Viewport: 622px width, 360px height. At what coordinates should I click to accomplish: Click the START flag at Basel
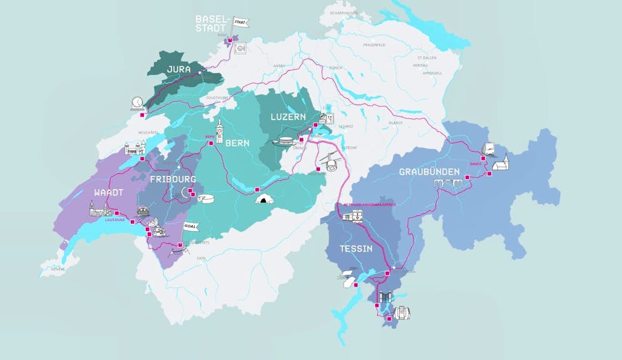[x=240, y=23]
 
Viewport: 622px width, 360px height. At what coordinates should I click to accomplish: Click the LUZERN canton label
[x=288, y=117]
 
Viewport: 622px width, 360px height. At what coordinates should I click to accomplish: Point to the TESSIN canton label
[x=356, y=249]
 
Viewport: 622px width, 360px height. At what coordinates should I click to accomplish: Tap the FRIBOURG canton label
[x=173, y=179]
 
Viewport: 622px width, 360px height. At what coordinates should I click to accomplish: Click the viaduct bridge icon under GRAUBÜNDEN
[x=449, y=183]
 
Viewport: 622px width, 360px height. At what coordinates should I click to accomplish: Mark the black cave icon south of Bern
[x=265, y=200]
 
